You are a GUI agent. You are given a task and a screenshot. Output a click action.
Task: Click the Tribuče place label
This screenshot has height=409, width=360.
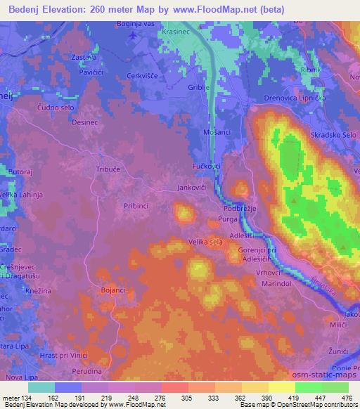point(108,169)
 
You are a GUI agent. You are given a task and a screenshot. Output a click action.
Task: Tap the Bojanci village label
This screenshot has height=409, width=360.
point(112,290)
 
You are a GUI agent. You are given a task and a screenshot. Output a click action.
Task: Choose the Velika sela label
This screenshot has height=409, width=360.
point(206,242)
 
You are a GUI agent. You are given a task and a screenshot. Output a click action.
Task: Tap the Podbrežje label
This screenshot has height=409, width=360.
point(238,209)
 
